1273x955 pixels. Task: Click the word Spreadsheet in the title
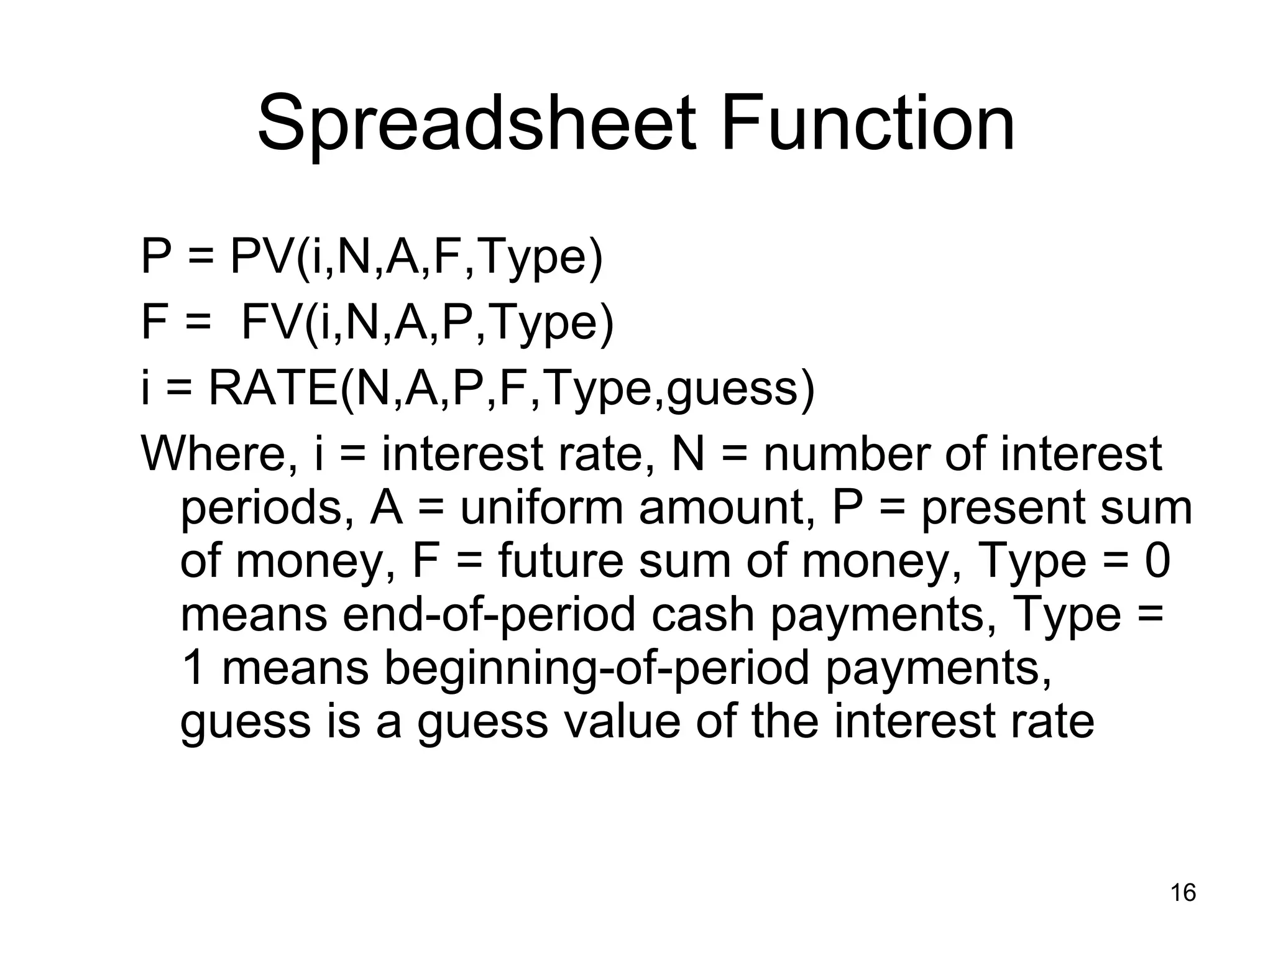(x=476, y=124)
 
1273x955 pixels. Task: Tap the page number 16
(x=1183, y=893)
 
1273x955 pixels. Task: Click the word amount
(x=727, y=508)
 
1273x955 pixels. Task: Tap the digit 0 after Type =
(x=1157, y=561)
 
